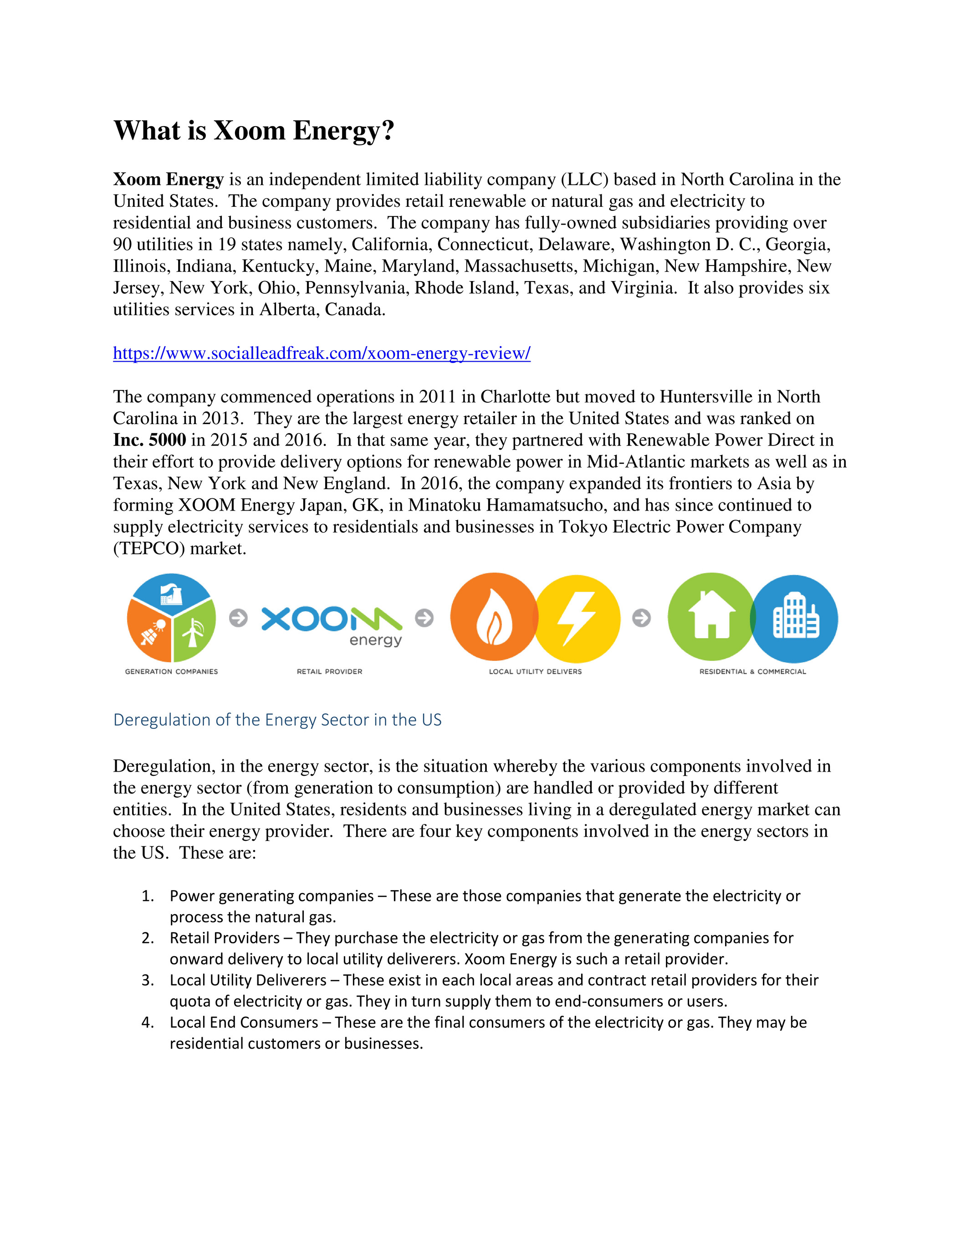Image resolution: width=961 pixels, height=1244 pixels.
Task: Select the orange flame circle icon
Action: [493, 617]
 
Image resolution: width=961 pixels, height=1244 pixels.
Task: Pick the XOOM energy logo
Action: [332, 625]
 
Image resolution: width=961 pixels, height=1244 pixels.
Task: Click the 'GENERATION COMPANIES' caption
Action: [171, 671]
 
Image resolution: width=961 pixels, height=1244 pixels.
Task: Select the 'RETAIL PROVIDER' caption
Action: [329, 671]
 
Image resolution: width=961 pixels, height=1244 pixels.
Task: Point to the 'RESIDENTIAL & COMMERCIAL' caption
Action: [752, 671]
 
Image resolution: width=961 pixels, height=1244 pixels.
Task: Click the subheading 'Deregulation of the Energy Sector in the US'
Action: [277, 720]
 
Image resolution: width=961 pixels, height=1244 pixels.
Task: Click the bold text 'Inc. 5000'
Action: [149, 440]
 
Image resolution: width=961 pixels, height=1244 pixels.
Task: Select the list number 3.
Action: [148, 980]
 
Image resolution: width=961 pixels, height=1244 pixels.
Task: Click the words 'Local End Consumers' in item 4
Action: [244, 1023]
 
